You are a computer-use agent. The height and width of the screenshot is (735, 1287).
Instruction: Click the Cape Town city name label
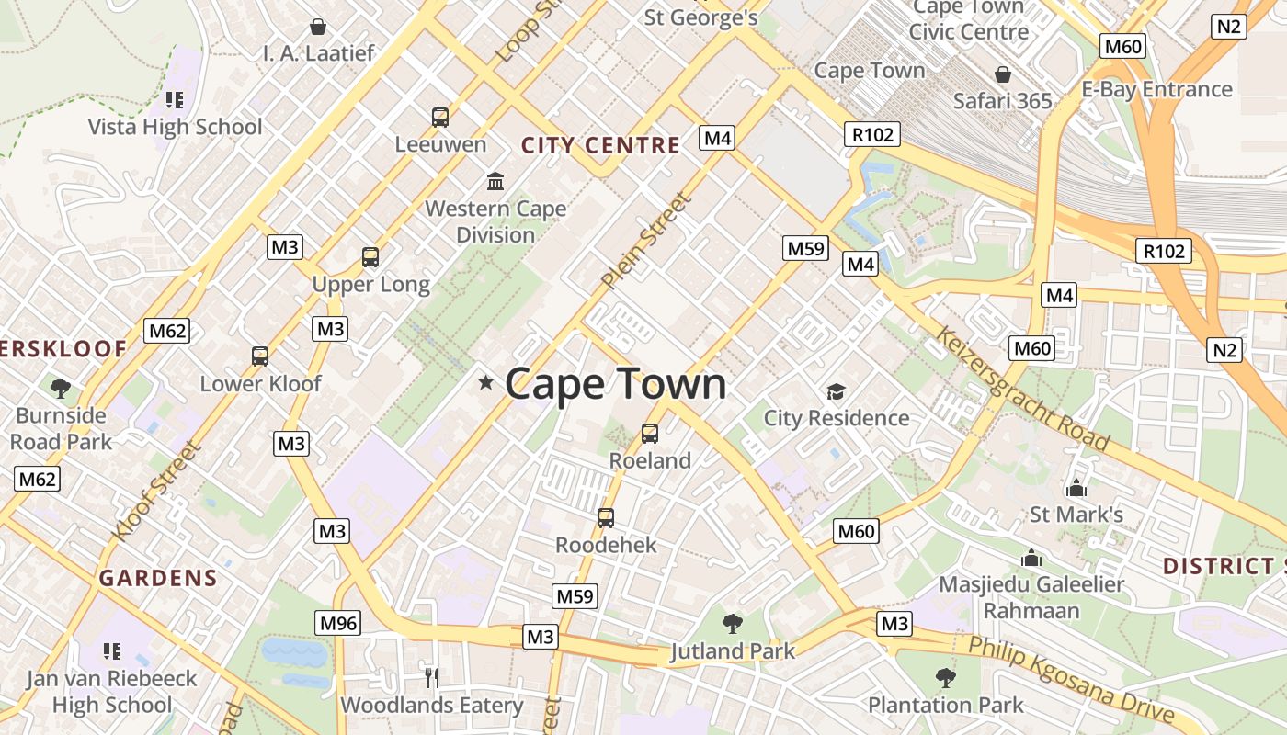(x=615, y=384)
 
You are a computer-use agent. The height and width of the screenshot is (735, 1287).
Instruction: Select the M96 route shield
(x=337, y=623)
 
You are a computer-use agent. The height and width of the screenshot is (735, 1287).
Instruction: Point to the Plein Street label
(x=645, y=240)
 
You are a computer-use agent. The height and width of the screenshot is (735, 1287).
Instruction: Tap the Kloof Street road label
(x=155, y=491)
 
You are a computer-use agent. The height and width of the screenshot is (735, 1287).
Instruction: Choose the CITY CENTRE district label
(x=600, y=145)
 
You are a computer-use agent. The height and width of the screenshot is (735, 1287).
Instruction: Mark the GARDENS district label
(x=158, y=578)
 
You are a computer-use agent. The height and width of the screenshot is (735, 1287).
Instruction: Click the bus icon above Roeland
(x=650, y=433)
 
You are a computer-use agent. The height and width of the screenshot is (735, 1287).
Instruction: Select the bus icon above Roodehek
(x=606, y=517)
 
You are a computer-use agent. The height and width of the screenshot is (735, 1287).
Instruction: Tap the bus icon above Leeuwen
(x=440, y=117)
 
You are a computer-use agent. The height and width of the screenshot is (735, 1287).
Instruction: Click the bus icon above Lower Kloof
(x=260, y=356)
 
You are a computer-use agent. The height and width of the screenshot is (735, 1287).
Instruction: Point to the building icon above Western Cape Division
(x=495, y=180)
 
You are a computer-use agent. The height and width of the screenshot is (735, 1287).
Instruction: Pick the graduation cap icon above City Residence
(x=836, y=391)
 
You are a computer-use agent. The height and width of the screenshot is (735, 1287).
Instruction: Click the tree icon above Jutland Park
(x=733, y=624)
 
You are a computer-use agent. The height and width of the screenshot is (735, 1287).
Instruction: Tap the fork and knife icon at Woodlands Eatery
(x=431, y=677)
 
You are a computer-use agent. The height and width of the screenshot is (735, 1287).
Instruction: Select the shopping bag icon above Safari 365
(x=1003, y=73)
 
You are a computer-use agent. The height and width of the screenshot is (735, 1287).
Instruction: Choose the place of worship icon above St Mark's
(x=1076, y=487)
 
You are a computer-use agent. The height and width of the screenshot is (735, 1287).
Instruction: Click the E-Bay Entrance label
(x=1156, y=89)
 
